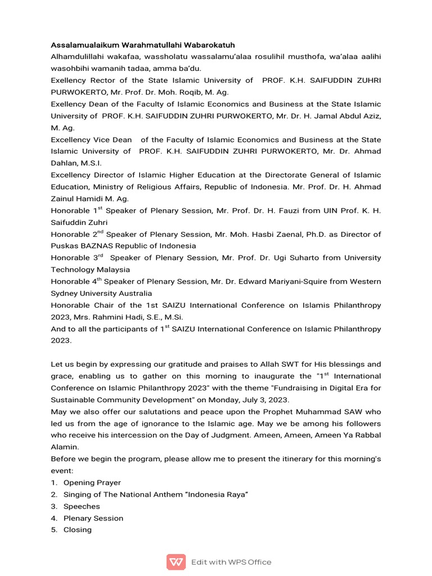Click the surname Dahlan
pos(65,163)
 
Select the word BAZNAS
pos(99,246)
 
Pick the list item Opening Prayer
pos(92,483)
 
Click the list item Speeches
pos(82,506)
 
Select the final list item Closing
pos(78,530)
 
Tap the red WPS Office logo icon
pos(176,562)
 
